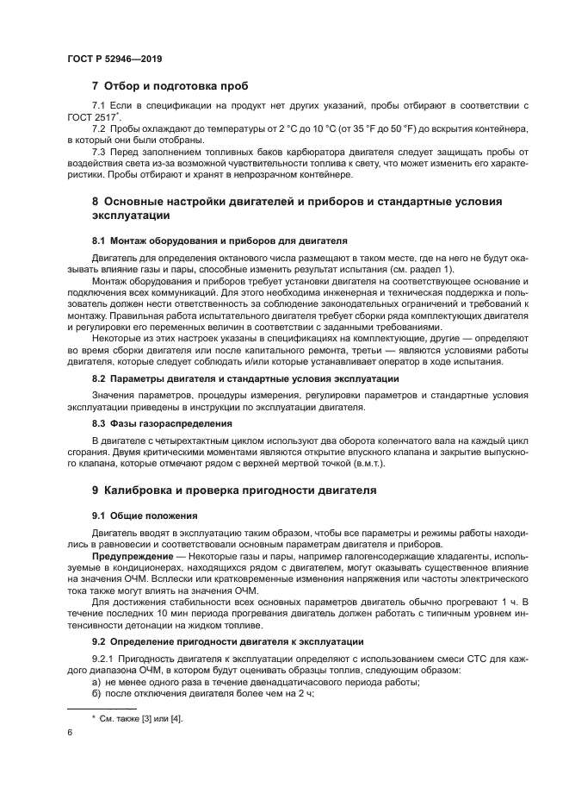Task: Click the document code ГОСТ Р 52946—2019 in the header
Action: [x=114, y=59]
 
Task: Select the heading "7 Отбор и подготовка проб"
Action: [x=170, y=86]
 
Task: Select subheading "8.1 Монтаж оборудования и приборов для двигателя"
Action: [x=220, y=240]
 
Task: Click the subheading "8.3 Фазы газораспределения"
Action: [x=162, y=423]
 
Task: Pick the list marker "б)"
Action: [x=97, y=694]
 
